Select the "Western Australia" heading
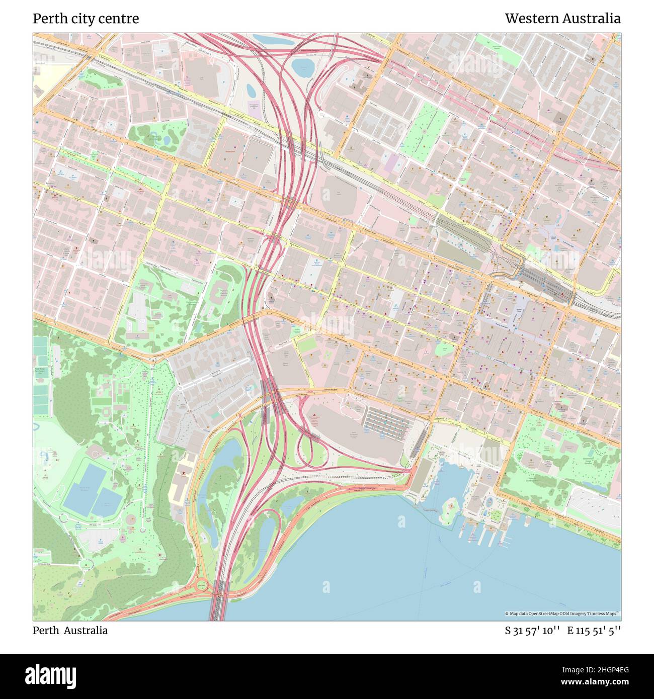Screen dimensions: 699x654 562,19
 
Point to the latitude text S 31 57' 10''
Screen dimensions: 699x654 533,631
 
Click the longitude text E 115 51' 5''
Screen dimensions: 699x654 594,631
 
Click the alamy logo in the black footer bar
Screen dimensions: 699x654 51,675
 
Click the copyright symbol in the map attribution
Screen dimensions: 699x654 507,614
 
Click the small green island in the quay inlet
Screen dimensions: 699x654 449,503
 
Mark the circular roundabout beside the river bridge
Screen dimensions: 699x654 202,585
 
